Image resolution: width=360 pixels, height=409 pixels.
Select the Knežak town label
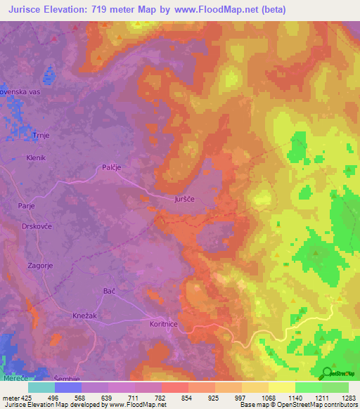85,316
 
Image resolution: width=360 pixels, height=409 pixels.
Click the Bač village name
108,290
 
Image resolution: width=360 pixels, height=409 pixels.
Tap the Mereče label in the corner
12,377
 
